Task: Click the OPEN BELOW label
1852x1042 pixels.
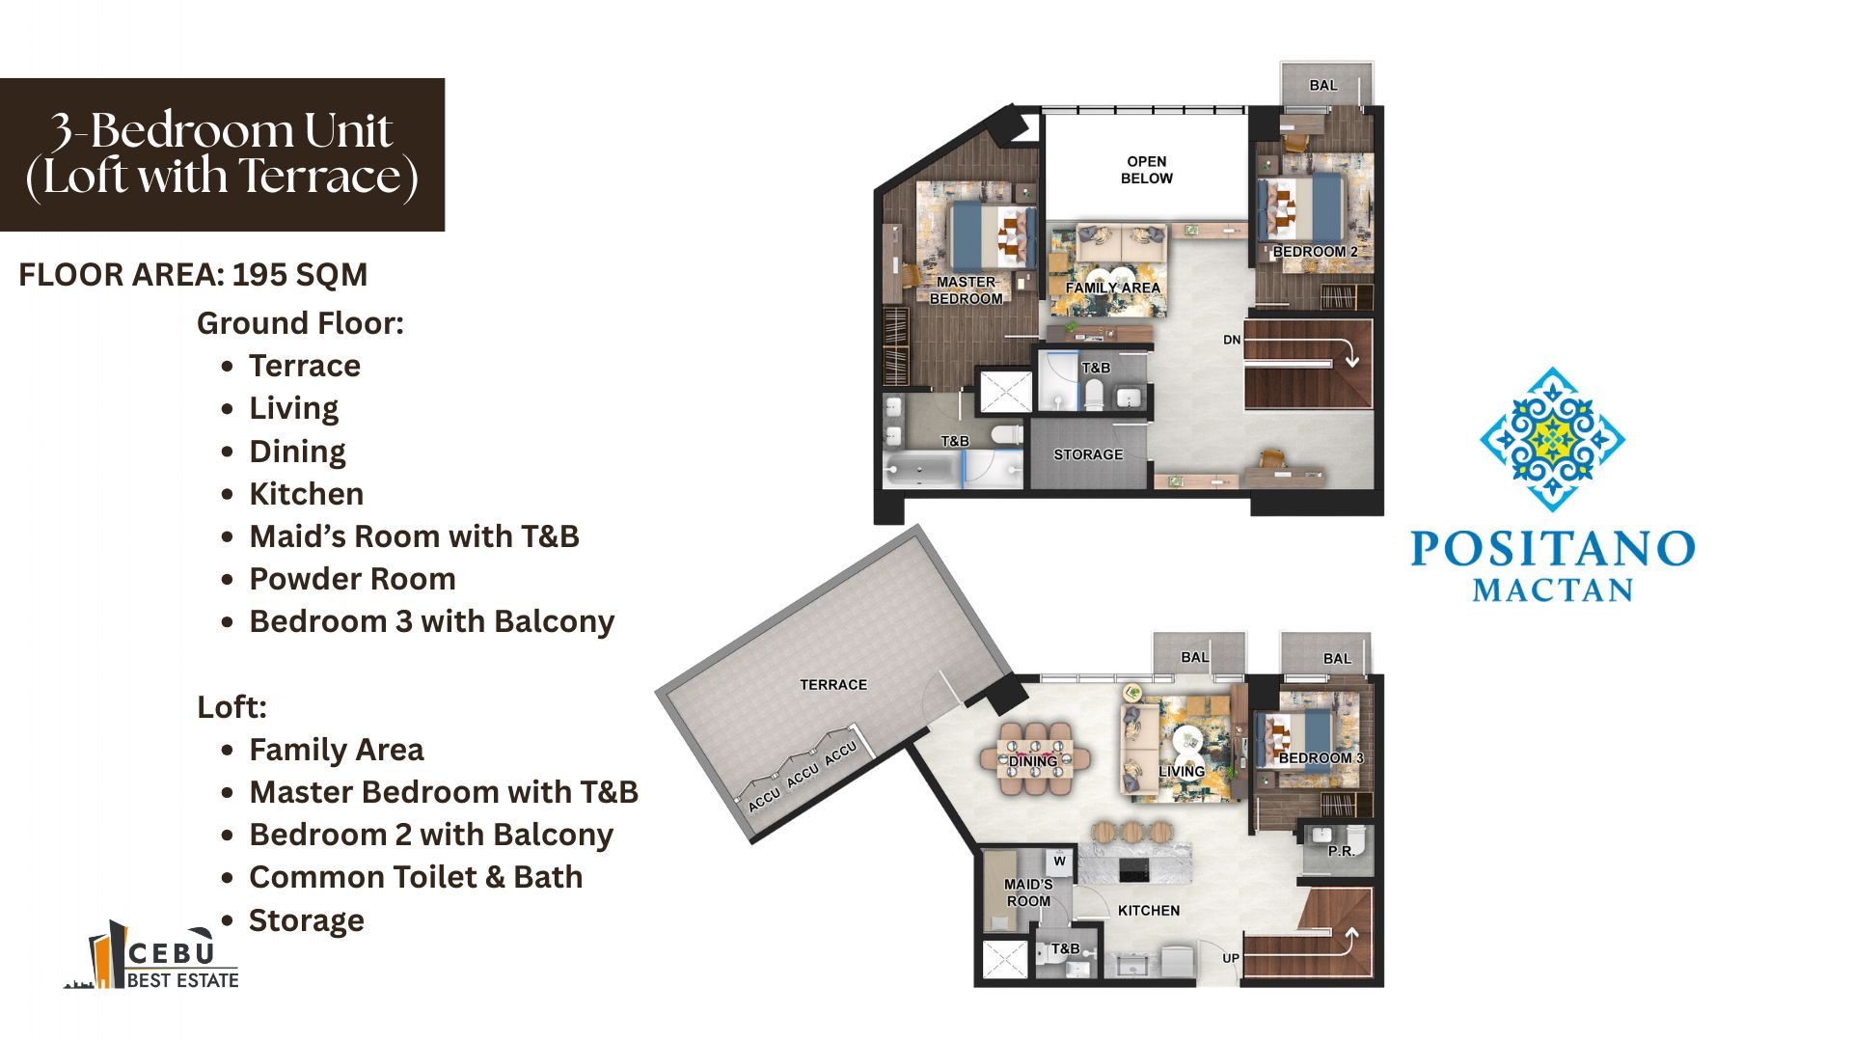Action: click(x=1147, y=170)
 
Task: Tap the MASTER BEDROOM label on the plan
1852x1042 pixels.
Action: click(x=966, y=290)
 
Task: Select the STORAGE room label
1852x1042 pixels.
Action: click(x=1088, y=454)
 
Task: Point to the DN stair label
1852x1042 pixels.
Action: click(x=1232, y=340)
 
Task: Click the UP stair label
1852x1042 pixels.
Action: click(x=1231, y=958)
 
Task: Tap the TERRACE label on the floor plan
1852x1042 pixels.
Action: click(x=833, y=685)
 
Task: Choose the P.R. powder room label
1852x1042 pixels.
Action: click(x=1341, y=851)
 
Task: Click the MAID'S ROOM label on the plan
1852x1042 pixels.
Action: click(x=1028, y=892)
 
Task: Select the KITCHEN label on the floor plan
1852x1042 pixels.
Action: click(x=1149, y=911)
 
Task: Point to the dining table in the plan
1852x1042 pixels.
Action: click(x=1035, y=759)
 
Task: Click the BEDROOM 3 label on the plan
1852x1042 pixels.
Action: click(x=1321, y=758)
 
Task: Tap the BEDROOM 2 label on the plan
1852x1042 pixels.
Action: click(x=1315, y=252)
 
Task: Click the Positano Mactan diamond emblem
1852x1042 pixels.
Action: click(x=1553, y=439)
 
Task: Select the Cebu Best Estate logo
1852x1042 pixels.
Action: click(x=152, y=955)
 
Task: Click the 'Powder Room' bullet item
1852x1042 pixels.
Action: click(x=352, y=579)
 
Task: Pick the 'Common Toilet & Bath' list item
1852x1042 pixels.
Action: click(x=416, y=877)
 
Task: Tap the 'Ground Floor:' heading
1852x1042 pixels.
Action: click(x=300, y=323)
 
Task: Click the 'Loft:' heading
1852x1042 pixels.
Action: click(x=231, y=707)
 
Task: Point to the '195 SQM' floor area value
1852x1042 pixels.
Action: click(x=300, y=275)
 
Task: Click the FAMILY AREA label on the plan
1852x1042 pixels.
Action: click(x=1112, y=288)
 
